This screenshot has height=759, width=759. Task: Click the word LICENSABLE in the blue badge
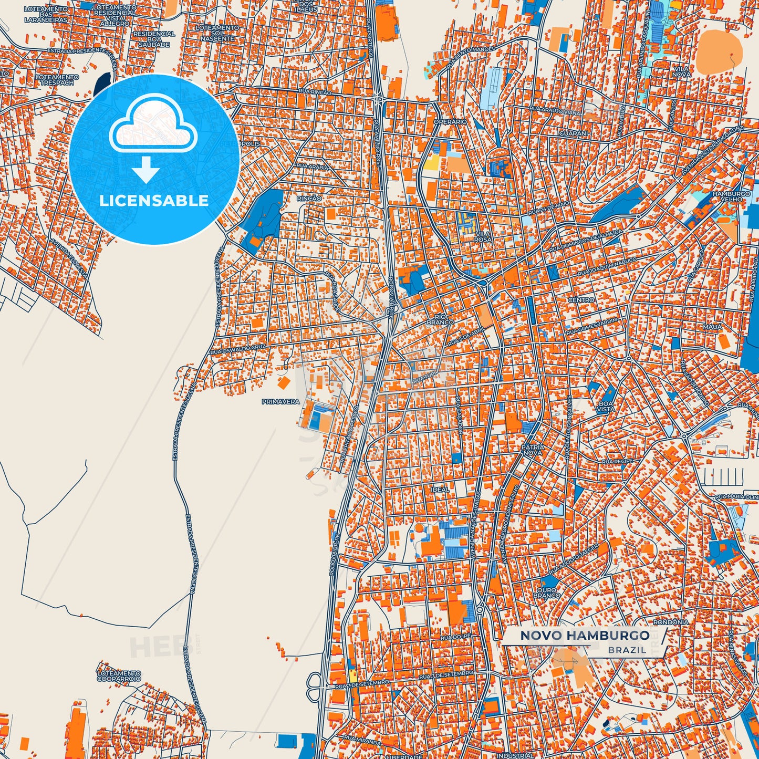[x=154, y=201]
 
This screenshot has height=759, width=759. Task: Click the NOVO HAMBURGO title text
[x=585, y=635]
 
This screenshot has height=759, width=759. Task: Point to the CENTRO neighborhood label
[x=581, y=300]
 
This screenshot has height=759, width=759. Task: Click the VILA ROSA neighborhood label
[x=483, y=237]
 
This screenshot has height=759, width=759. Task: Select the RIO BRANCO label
[x=440, y=319]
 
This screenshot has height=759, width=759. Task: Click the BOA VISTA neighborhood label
[x=606, y=406]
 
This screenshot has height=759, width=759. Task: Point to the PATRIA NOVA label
[x=533, y=450]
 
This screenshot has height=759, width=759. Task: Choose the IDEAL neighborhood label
[x=440, y=490]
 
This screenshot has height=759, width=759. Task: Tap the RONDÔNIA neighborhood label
[x=670, y=622]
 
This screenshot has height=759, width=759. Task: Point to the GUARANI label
[x=574, y=133]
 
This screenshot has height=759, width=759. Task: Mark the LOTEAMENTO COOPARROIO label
[x=119, y=676]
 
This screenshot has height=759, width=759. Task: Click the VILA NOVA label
[x=681, y=72]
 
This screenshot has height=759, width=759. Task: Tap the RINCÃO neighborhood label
[x=309, y=198]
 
